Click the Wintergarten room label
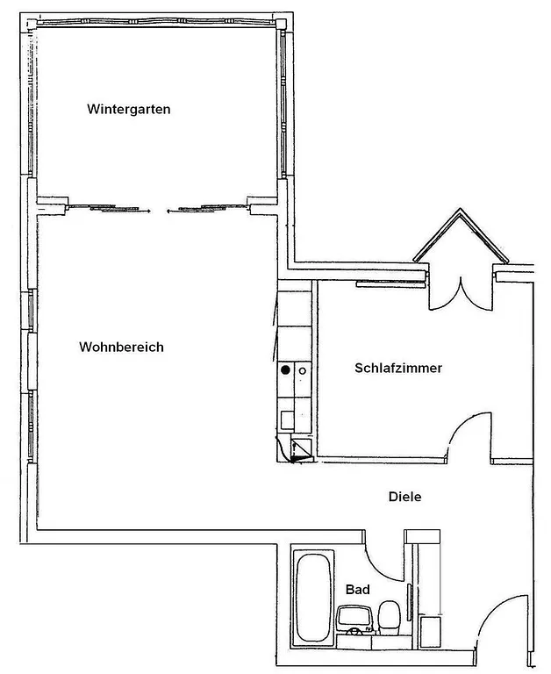[x=128, y=110]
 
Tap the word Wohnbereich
[x=121, y=347]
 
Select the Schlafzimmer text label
[x=397, y=368]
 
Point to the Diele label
[x=404, y=497]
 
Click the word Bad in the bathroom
[x=356, y=589]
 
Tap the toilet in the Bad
[x=389, y=616]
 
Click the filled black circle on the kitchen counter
[x=285, y=370]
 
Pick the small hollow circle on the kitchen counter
[x=302, y=370]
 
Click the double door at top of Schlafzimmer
[x=458, y=292]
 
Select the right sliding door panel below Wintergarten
[x=207, y=208]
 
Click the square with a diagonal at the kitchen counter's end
[x=300, y=450]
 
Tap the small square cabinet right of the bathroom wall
[x=430, y=632]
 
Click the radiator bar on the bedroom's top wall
[x=390, y=283]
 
